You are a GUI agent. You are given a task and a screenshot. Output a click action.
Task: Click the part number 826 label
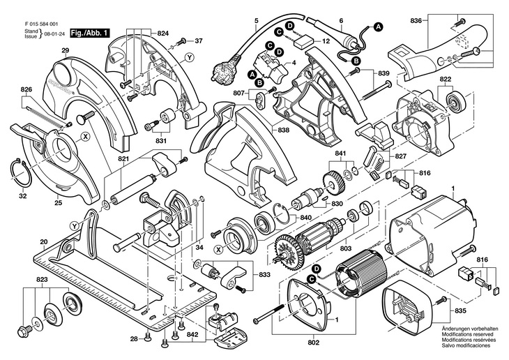pos(26,90)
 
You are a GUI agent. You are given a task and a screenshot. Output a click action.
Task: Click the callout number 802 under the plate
pos(312,343)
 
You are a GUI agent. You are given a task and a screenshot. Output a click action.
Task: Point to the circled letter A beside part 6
pos(379,27)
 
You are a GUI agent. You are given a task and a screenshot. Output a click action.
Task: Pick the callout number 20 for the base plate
pos(43,242)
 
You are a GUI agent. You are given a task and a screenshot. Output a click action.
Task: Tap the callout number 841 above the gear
pos(340,153)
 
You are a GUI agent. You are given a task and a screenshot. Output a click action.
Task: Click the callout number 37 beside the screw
pos(199,41)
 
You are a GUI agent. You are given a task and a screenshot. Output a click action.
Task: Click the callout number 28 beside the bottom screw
pos(133,339)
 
